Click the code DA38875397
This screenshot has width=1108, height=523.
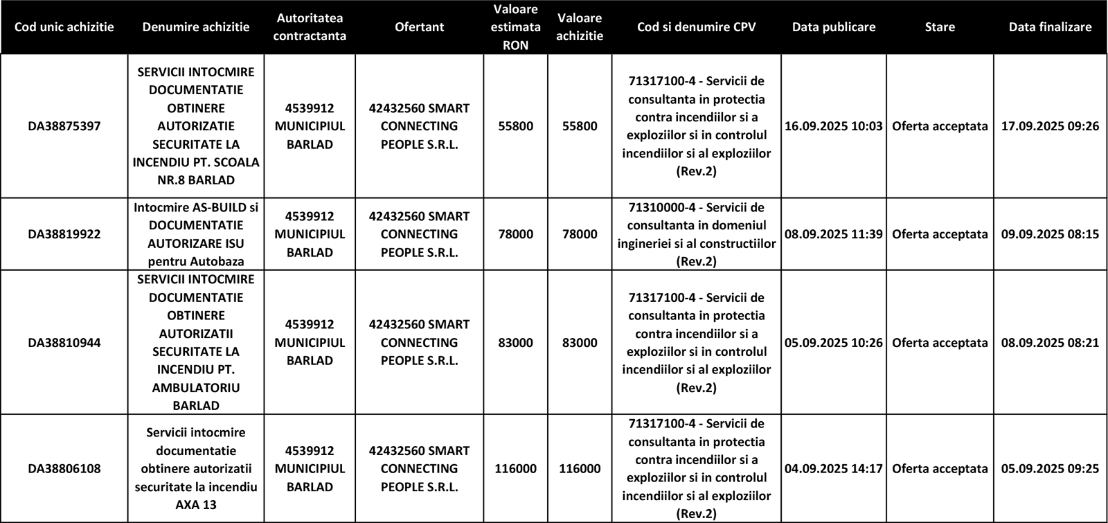(x=64, y=126)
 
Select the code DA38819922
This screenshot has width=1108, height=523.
(x=64, y=234)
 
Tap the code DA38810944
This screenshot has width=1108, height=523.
(x=64, y=342)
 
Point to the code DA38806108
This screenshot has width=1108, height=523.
(x=64, y=468)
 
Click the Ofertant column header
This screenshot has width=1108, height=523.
(x=419, y=27)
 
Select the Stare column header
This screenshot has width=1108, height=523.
(x=939, y=27)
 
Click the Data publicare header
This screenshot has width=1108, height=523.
(x=833, y=27)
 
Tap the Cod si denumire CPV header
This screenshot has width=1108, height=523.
(x=696, y=27)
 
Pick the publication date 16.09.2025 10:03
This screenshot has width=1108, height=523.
(x=833, y=126)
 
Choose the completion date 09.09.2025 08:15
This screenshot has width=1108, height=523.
(x=1050, y=234)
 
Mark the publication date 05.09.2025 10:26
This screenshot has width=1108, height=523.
(x=833, y=342)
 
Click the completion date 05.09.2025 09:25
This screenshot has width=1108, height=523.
(x=1050, y=468)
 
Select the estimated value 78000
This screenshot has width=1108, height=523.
(x=515, y=234)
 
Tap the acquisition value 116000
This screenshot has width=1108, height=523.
(x=580, y=468)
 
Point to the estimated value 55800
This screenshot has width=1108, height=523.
(x=515, y=126)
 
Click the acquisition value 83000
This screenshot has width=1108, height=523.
(x=580, y=342)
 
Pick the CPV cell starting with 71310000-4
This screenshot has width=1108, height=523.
(x=696, y=234)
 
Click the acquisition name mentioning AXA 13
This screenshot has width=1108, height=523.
(x=196, y=468)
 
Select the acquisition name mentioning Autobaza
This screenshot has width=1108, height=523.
(x=196, y=234)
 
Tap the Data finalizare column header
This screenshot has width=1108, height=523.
(x=1050, y=27)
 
